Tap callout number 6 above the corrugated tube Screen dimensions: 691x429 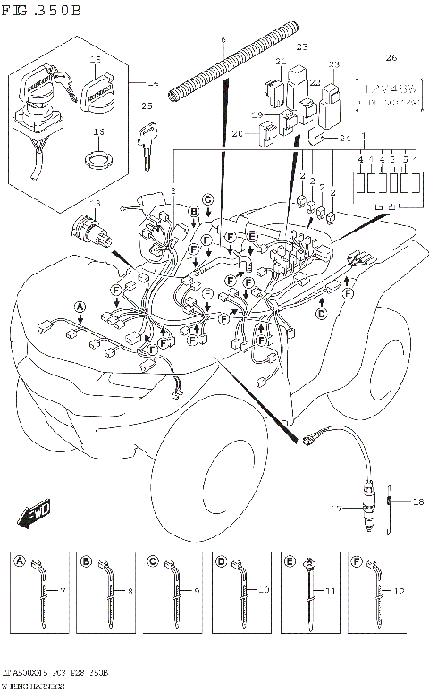click(x=223, y=41)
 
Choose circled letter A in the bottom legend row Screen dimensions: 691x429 click(x=19, y=560)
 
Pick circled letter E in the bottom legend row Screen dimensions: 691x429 click(x=289, y=560)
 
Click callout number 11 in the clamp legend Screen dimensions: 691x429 click(x=331, y=592)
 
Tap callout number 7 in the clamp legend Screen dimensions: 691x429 click(x=63, y=592)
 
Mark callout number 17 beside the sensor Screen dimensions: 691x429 click(x=337, y=508)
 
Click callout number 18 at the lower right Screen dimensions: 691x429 click(x=417, y=502)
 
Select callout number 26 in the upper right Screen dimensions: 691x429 click(x=390, y=58)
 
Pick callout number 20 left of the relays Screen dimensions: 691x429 click(x=237, y=134)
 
